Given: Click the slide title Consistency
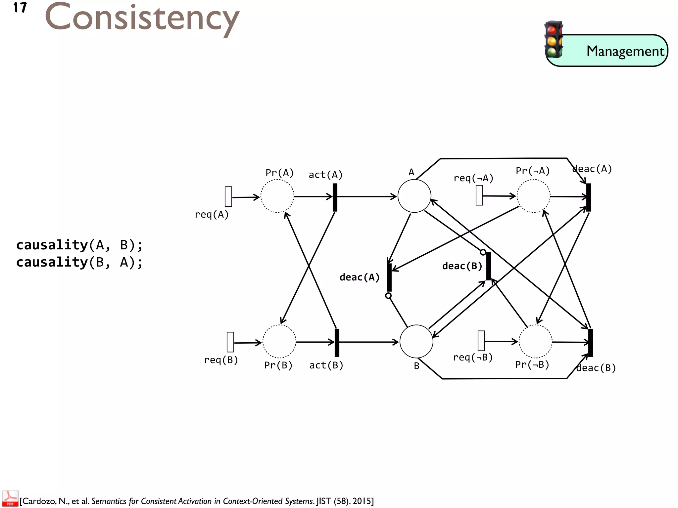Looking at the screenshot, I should pos(142,18).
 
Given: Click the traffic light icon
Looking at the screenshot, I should pos(554,40).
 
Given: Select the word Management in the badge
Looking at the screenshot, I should pos(625,51).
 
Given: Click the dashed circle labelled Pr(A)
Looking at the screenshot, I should pos(277,196).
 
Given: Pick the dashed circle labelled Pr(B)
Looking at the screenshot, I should pos(279,341).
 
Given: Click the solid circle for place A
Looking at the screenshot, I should pos(414,196).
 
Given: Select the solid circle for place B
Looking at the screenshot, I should pos(416,341).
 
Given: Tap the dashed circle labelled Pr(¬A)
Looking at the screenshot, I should pos(533,196).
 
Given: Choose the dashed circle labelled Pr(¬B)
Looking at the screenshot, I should pos(535,341).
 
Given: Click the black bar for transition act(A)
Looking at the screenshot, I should pos(335,197).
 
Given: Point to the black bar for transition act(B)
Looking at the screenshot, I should pos(337,343).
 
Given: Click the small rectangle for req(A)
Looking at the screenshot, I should pos(228,196).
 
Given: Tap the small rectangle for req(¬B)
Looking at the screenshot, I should pos(481,341).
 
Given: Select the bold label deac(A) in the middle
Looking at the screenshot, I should pos(360,277).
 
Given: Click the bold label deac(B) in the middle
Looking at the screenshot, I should pos(462,266).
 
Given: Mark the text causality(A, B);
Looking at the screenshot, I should pos(79,245).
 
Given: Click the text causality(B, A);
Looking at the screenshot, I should pos(79,262).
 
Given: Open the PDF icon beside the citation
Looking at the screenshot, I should pos(10,498).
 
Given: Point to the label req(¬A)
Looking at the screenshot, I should pos(473,178).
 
